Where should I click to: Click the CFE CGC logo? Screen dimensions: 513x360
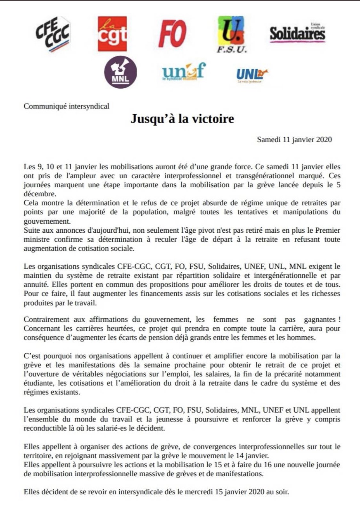tap(52, 34)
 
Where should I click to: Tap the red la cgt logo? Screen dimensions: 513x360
tap(112, 34)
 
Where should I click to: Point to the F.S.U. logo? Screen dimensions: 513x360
tap(231, 34)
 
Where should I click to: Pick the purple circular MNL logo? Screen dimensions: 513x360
tap(121, 72)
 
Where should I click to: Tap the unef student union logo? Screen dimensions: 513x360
tap(183, 72)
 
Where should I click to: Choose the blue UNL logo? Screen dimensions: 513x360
tap(252, 75)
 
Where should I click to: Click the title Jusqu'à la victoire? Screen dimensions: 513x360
tap(182, 119)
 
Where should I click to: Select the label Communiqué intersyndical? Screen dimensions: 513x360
tap(67, 106)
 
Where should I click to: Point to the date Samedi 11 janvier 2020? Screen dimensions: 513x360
tap(294, 139)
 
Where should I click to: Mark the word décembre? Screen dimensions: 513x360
tap(39, 194)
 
